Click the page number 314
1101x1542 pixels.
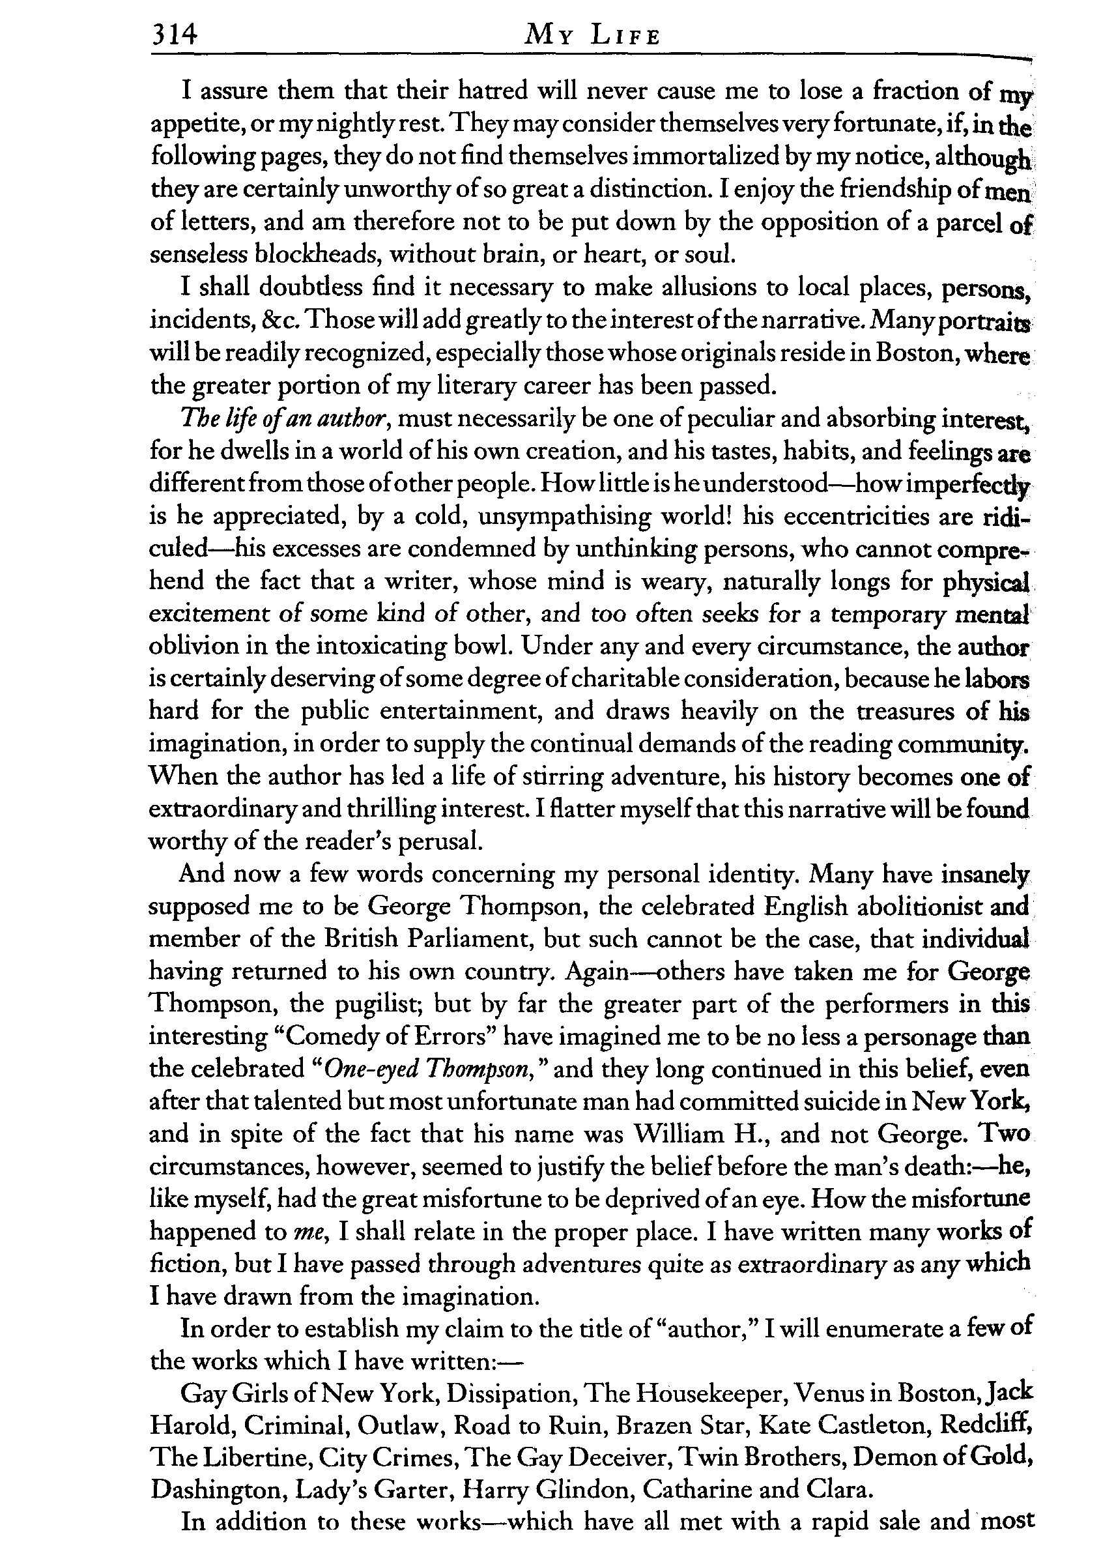[174, 34]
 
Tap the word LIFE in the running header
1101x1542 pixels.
[625, 35]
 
